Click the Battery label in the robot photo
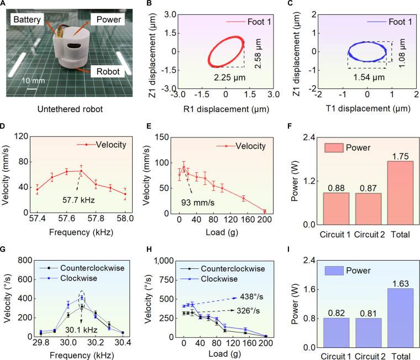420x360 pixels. tap(27, 19)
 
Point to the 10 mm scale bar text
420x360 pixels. tap(33, 81)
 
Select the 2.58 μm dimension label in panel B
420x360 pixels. tap(258, 54)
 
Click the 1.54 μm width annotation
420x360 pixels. tap(369, 77)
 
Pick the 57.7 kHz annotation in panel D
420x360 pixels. tap(78, 200)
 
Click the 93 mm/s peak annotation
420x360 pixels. tap(198, 203)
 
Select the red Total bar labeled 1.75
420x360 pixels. tap(400, 193)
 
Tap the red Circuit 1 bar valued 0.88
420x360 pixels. tap(336, 209)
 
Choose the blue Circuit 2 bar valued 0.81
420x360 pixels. tap(369, 333)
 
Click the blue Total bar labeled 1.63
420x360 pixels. tap(400, 318)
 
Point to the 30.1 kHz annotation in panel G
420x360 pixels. tap(81, 330)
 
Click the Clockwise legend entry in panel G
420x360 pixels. tap(69, 278)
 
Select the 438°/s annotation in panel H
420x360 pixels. tap(251, 297)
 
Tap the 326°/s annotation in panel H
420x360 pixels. tap(248, 311)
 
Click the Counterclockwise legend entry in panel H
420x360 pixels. tap(223, 269)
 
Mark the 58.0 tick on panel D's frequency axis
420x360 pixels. tap(125, 219)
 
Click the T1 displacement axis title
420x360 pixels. tap(368, 108)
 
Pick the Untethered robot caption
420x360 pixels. tap(70, 109)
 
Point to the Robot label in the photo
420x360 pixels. tap(108, 71)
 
